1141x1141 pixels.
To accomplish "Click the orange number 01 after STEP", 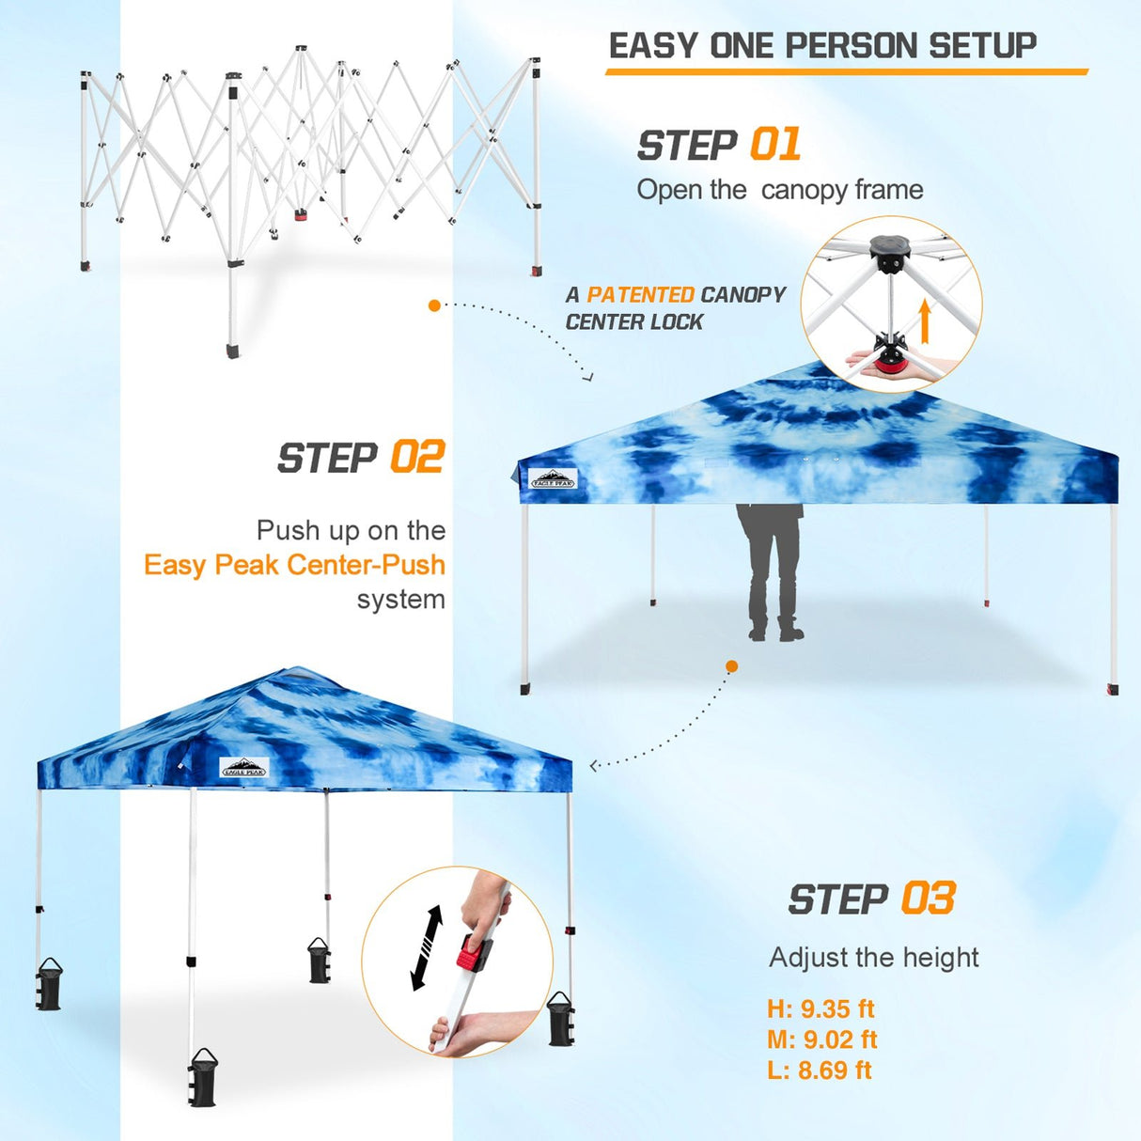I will point(775,145).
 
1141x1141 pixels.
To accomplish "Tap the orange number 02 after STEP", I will point(416,458).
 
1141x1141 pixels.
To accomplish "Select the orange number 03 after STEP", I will point(928,899).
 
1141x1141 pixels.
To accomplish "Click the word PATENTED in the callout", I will point(640,295).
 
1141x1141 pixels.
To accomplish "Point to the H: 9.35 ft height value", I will point(820,1009).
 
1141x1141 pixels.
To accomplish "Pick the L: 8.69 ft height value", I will point(819,1070).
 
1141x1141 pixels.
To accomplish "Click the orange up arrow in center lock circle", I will point(925,321).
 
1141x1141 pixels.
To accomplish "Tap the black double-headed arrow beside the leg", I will point(427,947).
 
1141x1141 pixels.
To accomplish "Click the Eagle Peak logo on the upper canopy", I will point(553,479).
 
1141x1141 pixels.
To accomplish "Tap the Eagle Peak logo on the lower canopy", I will point(244,768).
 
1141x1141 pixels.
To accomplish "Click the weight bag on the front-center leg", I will point(202,1077).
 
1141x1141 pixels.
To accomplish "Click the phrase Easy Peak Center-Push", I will point(294,565).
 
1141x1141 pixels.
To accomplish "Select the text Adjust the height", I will point(873,957).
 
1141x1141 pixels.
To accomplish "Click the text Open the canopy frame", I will point(779,190).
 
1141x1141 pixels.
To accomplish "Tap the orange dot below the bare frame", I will point(434,305).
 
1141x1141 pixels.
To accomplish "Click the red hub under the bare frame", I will point(302,214).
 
